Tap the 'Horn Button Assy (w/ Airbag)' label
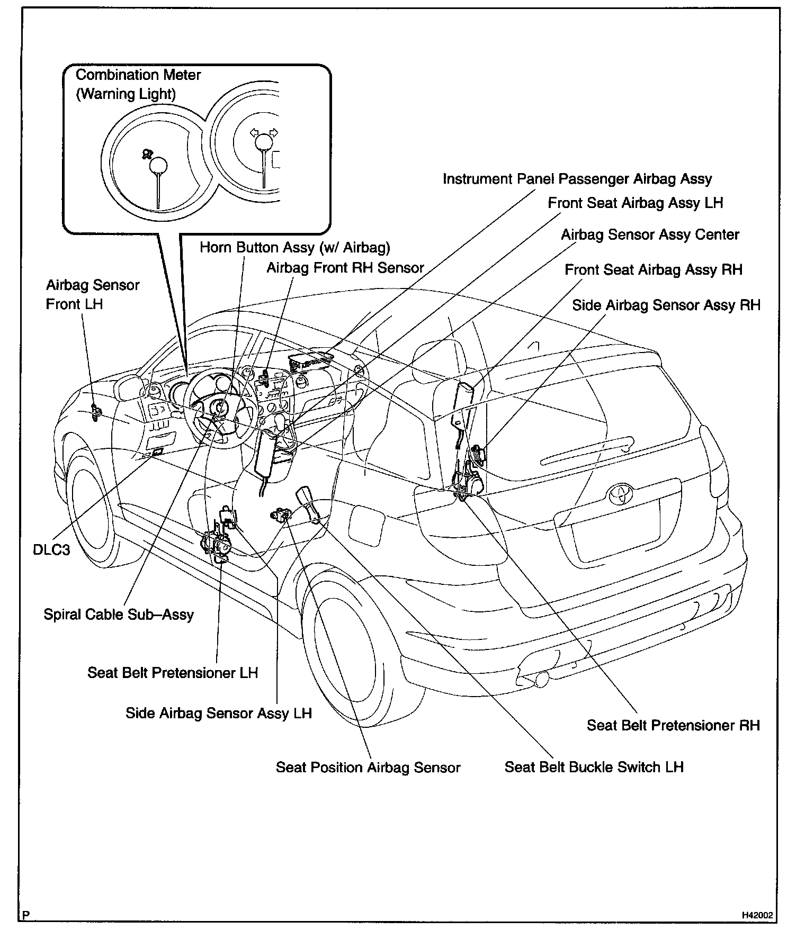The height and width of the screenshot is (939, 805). click(x=294, y=247)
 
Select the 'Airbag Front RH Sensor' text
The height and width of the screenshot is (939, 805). click(x=345, y=268)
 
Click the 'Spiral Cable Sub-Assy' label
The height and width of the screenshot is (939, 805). click(x=119, y=615)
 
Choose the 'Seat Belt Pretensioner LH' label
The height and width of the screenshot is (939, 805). click(x=173, y=673)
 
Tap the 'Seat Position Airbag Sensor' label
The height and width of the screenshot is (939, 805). click(x=368, y=768)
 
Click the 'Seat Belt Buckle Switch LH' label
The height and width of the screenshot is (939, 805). click(x=594, y=767)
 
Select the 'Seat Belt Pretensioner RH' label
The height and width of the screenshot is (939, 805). click(x=673, y=725)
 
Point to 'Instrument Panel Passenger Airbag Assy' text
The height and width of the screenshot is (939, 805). click(x=577, y=179)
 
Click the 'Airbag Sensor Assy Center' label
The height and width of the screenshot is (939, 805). click(x=650, y=234)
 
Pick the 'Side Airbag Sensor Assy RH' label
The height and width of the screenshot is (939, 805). click(x=666, y=305)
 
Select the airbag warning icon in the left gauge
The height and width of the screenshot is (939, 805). click(x=146, y=154)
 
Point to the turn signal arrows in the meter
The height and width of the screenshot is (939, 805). click(x=264, y=132)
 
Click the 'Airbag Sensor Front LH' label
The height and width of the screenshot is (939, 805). click(x=92, y=294)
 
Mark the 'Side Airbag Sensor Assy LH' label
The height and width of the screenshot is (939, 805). click(x=218, y=713)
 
